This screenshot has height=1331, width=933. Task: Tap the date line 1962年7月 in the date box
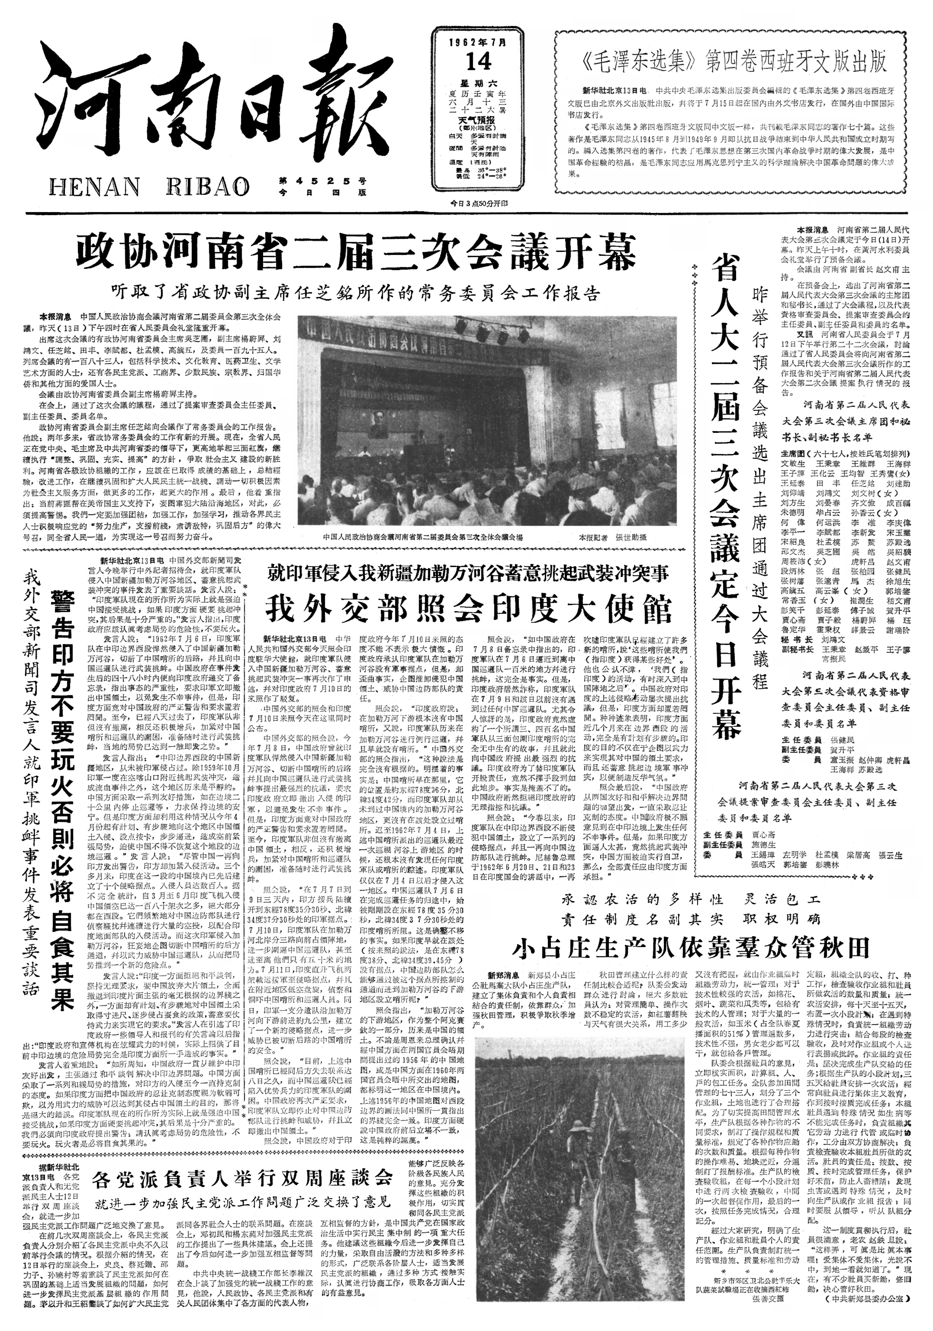point(479,42)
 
